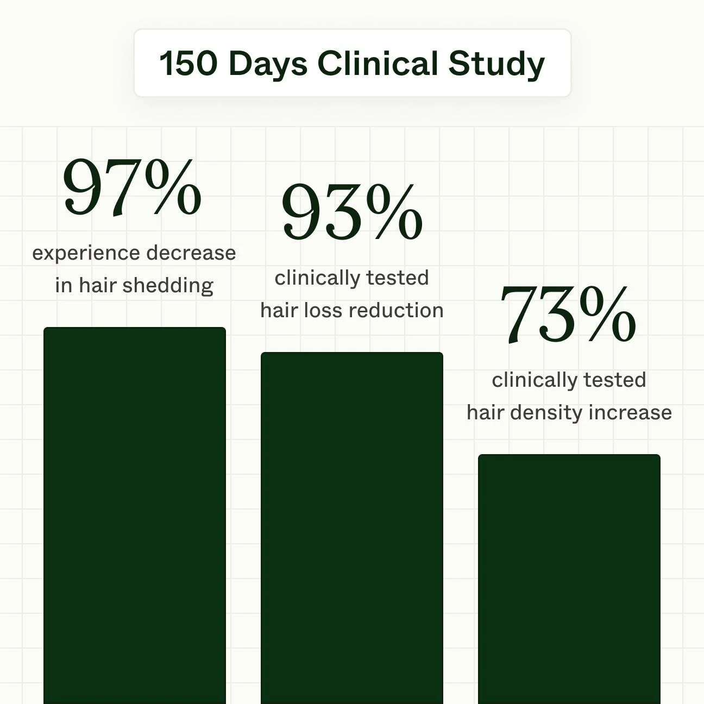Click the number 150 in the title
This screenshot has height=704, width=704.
187,64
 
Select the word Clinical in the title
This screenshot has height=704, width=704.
378,64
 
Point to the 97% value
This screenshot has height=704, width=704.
132,188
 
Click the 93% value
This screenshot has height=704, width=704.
352,212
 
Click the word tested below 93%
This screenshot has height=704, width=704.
397,278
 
